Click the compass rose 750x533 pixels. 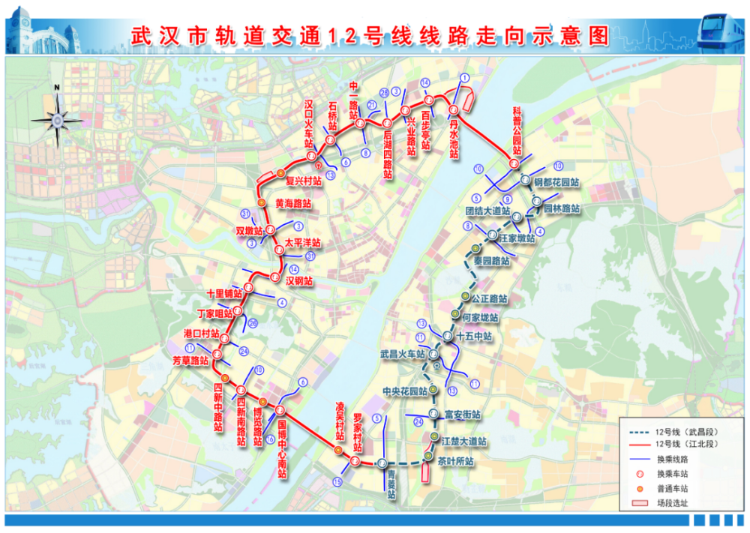pos(57,118)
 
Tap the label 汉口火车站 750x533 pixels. pos(308,124)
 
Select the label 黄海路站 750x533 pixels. pos(293,203)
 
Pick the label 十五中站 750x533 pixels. pos(474,337)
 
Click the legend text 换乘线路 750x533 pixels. pos(672,459)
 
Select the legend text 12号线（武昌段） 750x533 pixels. pos(682,431)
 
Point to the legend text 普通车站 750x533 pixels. pos(672,488)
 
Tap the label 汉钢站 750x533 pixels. pos(299,280)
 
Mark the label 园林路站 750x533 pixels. pos(562,208)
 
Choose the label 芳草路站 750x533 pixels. pos(189,361)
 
